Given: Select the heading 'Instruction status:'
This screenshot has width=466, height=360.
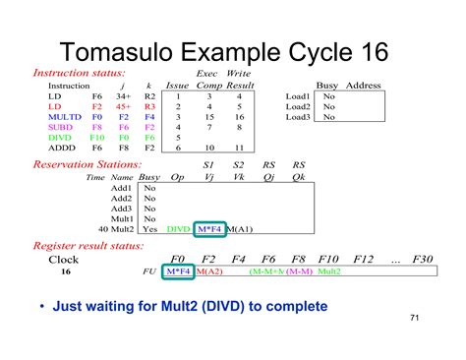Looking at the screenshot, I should pyautogui.click(x=79, y=73).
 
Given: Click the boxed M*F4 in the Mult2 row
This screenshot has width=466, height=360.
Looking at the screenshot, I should pyautogui.click(x=210, y=229).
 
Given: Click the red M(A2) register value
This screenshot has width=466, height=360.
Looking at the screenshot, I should pyautogui.click(x=209, y=271).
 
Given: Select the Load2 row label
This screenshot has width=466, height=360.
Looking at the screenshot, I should pyautogui.click(x=298, y=106).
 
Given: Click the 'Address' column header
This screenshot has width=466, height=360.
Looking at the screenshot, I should pyautogui.click(x=364, y=86).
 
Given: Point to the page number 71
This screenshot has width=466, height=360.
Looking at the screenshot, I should pyautogui.click(x=413, y=319).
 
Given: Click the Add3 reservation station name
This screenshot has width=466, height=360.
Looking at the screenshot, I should pyautogui.click(x=121, y=208).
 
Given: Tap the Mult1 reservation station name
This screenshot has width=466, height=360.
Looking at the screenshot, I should pyautogui.click(x=121, y=218).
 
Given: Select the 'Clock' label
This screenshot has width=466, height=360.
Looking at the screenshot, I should pyautogui.click(x=64, y=260).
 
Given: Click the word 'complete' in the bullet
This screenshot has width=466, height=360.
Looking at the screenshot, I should pyautogui.click(x=291, y=307).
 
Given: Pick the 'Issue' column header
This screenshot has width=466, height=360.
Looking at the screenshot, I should pyautogui.click(x=177, y=86).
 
